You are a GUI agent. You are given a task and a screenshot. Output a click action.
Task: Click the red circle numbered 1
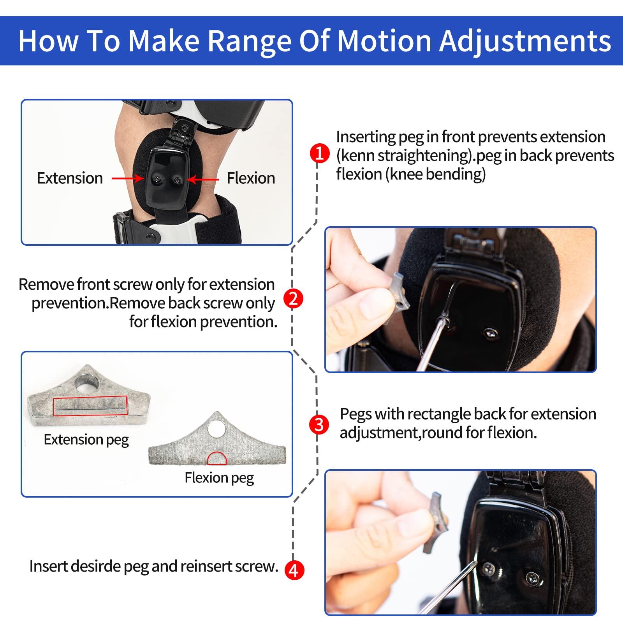pos(319,153)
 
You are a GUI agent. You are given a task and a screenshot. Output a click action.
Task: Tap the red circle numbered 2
pos(293,299)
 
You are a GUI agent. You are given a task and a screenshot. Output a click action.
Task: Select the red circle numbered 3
pos(319,424)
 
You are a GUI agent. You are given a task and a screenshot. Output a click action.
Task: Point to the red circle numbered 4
pos(293,570)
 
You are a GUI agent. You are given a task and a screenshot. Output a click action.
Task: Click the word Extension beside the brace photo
pos(70,178)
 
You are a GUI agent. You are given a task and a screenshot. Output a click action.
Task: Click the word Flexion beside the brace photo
pos(251,178)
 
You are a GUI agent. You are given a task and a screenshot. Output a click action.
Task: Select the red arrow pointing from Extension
pos(128,179)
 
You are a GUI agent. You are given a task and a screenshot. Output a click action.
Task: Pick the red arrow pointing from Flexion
pos(203,179)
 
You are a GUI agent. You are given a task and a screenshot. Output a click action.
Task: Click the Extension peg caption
pos(86,440)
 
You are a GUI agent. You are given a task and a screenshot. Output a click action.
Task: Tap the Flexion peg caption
pos(219,477)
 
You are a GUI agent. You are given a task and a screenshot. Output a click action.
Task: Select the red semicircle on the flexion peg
pos(216,459)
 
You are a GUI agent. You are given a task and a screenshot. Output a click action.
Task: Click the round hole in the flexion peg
pos(216,429)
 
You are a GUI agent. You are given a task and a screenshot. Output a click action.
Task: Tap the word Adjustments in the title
pos(525,41)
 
